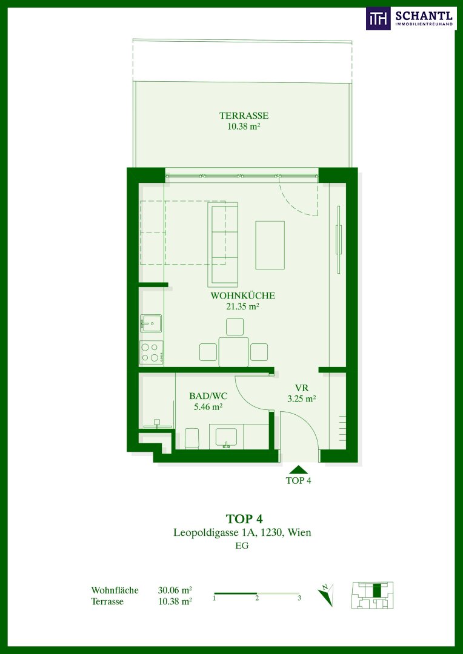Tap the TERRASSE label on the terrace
(x=244, y=116)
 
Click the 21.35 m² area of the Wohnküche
(x=242, y=306)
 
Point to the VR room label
(x=301, y=387)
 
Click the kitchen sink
(x=151, y=323)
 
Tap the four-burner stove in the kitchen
(x=152, y=352)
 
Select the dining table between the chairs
(x=234, y=352)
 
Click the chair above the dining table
(x=235, y=326)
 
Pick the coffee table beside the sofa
(x=270, y=245)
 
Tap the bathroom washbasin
(x=226, y=438)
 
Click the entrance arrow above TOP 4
(x=298, y=469)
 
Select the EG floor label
(x=242, y=546)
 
